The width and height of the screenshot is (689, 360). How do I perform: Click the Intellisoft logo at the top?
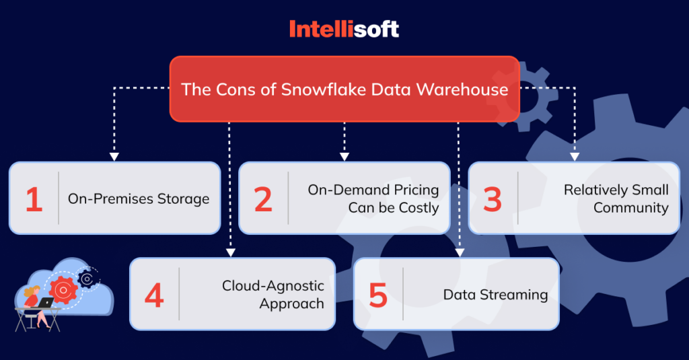[344, 29]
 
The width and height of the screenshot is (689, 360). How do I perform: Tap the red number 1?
[34, 199]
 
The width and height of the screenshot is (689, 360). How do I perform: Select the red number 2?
[263, 199]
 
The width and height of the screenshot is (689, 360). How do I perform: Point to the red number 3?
[493, 199]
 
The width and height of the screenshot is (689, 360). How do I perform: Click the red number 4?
[154, 295]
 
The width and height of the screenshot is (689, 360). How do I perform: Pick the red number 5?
[378, 295]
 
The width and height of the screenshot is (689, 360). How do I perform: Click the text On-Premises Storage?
[139, 199]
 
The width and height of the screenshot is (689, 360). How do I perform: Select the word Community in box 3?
[631, 208]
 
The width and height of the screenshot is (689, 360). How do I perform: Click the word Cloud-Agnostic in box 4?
[273, 286]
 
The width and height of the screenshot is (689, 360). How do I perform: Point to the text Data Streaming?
[495, 295]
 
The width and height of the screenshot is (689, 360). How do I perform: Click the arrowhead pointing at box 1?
[114, 157]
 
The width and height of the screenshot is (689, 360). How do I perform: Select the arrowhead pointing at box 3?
[574, 157]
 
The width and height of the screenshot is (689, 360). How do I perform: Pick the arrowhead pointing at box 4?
[230, 252]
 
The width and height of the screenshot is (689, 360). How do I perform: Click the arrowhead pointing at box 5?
[459, 252]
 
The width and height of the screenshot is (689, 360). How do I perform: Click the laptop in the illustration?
[45, 303]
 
